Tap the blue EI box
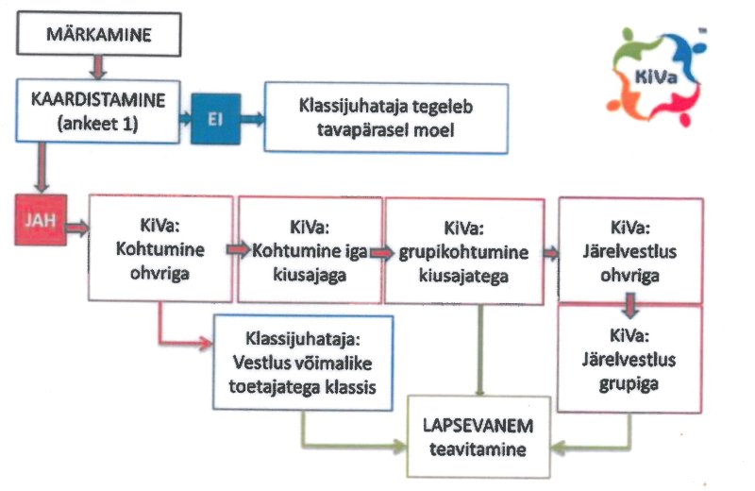tap(214, 119)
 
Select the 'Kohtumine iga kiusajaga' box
tap(310, 249)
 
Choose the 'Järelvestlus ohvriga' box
tap(629, 249)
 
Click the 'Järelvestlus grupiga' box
tap(629, 358)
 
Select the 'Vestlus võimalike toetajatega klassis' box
tap(303, 362)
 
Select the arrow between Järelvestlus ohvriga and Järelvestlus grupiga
tap(629, 303)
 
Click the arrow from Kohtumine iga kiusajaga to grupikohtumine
tap(379, 252)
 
